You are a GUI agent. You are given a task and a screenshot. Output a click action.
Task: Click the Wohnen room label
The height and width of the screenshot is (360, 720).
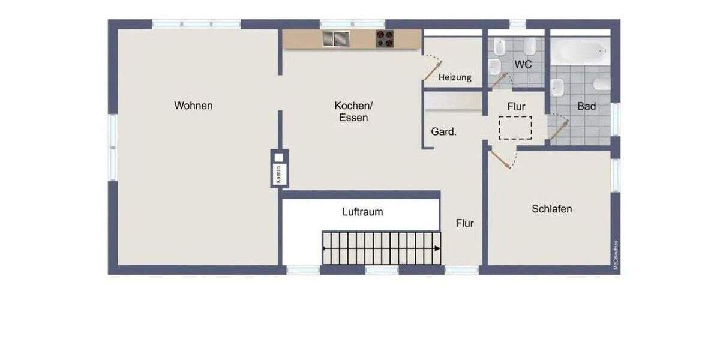[193, 106]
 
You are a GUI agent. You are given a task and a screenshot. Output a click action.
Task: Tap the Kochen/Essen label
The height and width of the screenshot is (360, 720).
[353, 112]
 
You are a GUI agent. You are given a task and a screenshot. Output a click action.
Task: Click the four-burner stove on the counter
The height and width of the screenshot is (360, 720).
[385, 39]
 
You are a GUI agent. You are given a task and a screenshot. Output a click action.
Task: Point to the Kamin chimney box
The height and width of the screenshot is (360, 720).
[279, 169]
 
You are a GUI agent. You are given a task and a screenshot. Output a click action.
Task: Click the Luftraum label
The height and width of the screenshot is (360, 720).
[362, 212]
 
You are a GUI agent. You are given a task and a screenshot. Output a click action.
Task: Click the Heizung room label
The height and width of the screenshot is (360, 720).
[455, 77]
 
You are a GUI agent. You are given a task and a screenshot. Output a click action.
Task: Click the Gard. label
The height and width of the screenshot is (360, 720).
[444, 131]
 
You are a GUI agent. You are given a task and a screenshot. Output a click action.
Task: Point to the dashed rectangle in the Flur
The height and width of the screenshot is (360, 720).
[515, 127]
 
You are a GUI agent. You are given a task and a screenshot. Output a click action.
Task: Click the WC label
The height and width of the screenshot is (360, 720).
[523, 64]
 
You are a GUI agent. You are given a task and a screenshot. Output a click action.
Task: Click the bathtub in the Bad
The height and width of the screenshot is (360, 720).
[580, 52]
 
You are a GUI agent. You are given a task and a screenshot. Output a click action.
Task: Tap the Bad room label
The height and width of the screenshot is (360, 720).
[586, 106]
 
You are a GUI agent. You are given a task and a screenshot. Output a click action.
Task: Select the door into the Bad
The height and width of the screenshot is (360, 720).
[559, 130]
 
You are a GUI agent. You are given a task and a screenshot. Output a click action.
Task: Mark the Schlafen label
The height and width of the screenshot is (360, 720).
[551, 209]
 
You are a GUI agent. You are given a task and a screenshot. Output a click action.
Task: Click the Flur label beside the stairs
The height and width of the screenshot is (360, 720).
[464, 223]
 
